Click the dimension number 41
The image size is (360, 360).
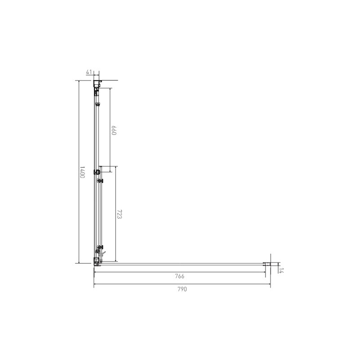pyautogui.click(x=89, y=72)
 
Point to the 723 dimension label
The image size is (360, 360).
pyautogui.click(x=119, y=214)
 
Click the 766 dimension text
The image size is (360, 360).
pyautogui.click(x=180, y=276)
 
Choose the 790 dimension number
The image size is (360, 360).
pyautogui.click(x=182, y=289)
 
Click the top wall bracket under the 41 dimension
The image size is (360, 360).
pyautogui.click(x=97, y=84)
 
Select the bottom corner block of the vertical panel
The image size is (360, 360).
pyautogui.click(x=97, y=261)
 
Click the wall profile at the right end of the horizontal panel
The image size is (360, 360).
pyautogui.click(x=267, y=264)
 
